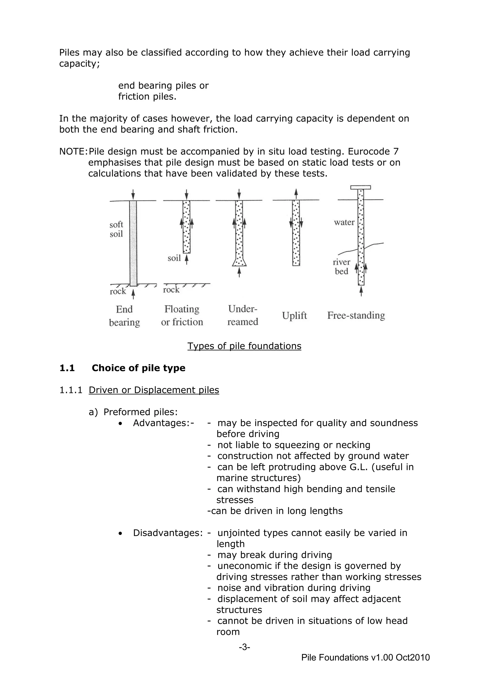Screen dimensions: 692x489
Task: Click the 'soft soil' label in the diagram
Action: click(116, 229)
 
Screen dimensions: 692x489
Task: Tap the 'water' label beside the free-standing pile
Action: click(344, 223)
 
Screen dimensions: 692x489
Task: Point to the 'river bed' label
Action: click(341, 267)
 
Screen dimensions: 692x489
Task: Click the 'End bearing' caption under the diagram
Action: click(124, 316)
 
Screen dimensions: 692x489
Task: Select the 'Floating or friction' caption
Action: click(182, 316)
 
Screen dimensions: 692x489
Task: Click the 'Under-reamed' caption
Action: click(243, 315)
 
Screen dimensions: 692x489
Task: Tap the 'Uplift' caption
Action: click(294, 316)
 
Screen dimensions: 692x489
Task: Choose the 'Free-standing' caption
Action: click(356, 315)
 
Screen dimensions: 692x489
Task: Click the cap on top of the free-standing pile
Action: click(361, 187)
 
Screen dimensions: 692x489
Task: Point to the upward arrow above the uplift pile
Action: click(296, 193)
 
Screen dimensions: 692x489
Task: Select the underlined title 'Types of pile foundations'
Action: click(244, 346)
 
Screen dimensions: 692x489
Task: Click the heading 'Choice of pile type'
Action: click(138, 368)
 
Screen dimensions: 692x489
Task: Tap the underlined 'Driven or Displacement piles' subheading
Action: click(154, 390)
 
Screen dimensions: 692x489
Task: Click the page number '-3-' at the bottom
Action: click(244, 647)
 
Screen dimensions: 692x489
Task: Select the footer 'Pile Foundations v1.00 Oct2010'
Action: click(365, 657)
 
